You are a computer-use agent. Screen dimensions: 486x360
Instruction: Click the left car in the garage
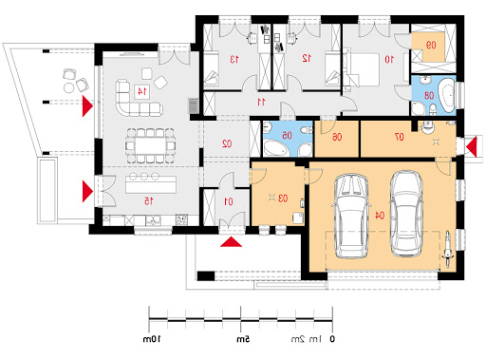351,216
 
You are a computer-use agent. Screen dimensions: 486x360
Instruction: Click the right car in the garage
406,214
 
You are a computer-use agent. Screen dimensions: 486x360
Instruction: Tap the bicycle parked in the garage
448,250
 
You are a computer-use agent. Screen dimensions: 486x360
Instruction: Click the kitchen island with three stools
151,184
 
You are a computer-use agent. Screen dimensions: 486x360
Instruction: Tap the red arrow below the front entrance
231,241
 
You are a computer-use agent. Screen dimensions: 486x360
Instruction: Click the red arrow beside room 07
471,146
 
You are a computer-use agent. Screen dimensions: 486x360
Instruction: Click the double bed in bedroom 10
363,69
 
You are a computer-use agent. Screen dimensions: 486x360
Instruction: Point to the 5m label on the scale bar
243,339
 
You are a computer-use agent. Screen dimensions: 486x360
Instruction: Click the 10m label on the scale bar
152,339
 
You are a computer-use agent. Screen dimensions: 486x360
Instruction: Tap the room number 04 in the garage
380,216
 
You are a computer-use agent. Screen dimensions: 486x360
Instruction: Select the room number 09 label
431,46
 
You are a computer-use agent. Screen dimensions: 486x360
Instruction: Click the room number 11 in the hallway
261,102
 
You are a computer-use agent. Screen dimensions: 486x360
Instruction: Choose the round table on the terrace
68,87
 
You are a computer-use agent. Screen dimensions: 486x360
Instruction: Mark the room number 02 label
227,143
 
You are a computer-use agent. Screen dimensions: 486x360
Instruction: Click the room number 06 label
337,137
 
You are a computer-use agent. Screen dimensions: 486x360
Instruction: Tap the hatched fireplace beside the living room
193,106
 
